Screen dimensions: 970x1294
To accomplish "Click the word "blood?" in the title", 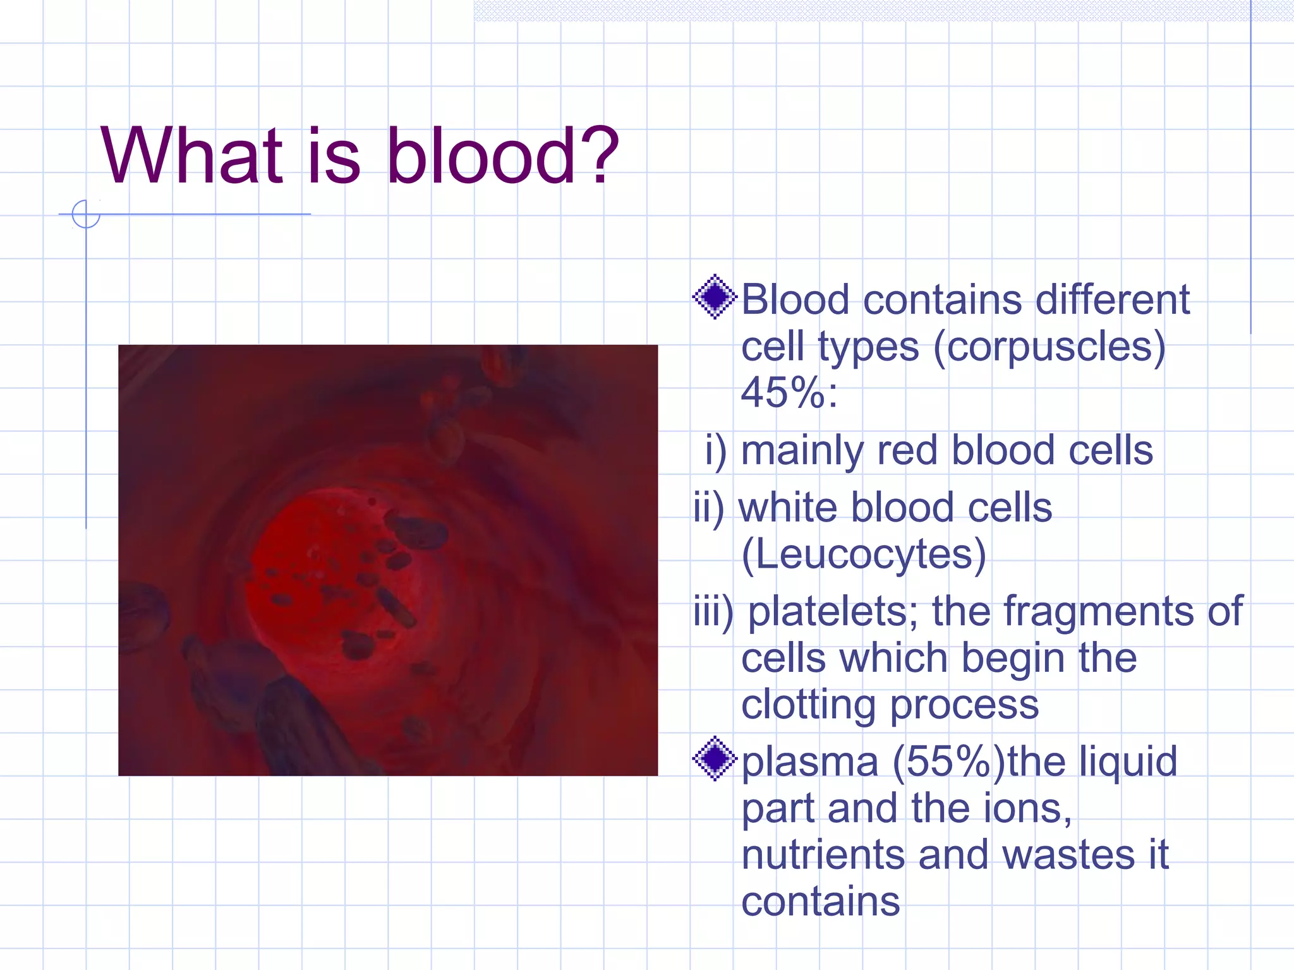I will [x=502, y=156].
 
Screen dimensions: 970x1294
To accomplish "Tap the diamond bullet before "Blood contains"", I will [x=715, y=297].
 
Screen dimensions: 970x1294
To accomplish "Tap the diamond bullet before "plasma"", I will [x=715, y=758].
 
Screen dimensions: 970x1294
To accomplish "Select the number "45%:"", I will [x=789, y=393].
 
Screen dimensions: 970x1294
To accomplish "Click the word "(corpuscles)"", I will [x=1048, y=347].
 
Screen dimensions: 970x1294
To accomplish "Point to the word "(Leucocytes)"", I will [x=863, y=554].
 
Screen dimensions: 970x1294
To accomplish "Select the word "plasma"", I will [x=809, y=762].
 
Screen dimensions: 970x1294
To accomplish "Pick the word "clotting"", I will [x=807, y=704].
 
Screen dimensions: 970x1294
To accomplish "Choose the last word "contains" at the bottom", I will [x=820, y=901].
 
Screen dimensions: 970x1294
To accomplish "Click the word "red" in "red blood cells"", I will [x=906, y=450].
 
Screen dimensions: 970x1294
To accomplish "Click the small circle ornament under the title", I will [x=86, y=214].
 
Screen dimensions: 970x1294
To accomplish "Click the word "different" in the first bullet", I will [x=1112, y=299].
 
